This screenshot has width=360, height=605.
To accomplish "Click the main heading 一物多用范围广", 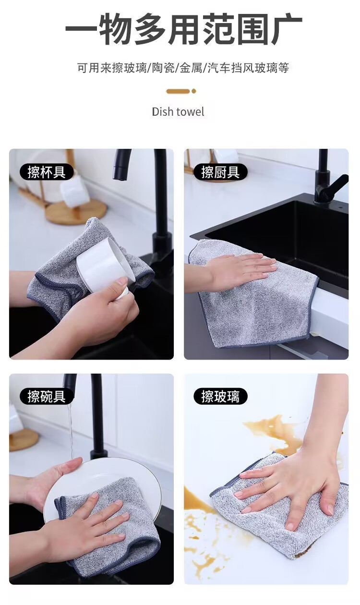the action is click(184, 28).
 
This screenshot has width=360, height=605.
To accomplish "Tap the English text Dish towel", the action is click(178, 111).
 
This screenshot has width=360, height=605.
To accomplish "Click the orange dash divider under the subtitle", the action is click(178, 91).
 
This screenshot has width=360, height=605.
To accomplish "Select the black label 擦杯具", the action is click(47, 172).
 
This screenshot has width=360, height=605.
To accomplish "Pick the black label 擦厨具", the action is click(220, 172).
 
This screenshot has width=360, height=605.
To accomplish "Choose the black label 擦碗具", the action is click(47, 397).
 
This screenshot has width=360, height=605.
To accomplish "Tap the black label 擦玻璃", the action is click(220, 397).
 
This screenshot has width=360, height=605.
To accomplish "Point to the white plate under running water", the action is click(103, 486).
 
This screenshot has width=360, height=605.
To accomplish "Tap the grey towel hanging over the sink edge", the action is click(254, 302).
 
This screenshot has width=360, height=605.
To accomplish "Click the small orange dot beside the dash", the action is click(193, 91).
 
